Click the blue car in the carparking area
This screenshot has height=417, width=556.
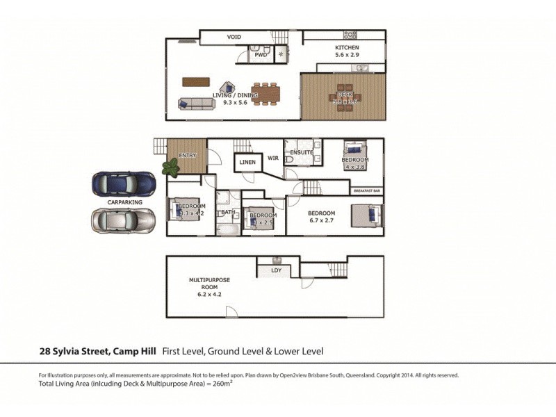click(x=124, y=183)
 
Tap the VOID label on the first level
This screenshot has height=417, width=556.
click(x=235, y=37)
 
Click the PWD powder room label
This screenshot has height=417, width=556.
click(x=261, y=54)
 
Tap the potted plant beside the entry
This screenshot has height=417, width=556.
click(x=170, y=167)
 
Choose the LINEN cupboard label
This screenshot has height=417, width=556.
click(x=247, y=163)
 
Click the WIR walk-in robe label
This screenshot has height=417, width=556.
click(x=273, y=158)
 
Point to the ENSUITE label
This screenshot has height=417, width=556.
click(x=302, y=152)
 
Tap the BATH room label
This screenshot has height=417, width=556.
click(x=227, y=213)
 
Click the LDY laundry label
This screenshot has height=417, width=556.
click(x=276, y=269)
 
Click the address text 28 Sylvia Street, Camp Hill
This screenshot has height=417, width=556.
click(x=98, y=352)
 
